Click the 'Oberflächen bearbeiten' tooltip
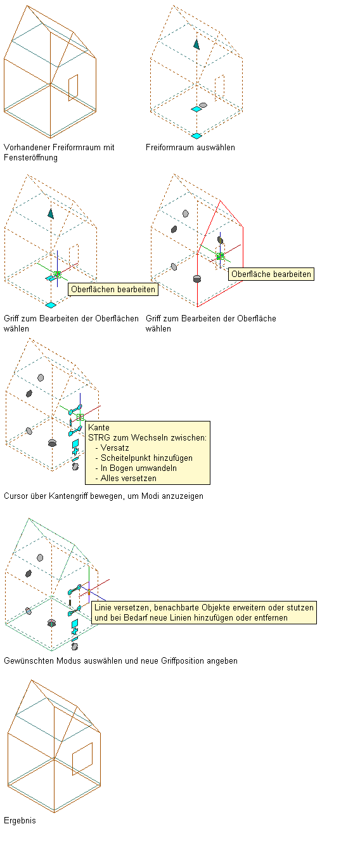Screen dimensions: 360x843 pyautogui.click(x=113, y=289)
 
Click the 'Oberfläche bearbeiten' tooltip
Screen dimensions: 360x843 pyautogui.click(x=271, y=274)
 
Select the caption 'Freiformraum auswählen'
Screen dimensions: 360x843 pyautogui.click(x=190, y=148)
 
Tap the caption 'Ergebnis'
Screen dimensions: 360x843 pyautogui.click(x=20, y=820)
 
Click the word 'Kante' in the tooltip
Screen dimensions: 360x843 pyautogui.click(x=99, y=427)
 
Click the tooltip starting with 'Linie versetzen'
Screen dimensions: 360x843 pyautogui.click(x=204, y=613)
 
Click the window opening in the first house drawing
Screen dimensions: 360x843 pyautogui.click(x=73, y=87)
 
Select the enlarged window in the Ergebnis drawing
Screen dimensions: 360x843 pyautogui.click(x=82, y=759)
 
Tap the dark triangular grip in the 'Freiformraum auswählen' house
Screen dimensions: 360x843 pyautogui.click(x=196, y=44)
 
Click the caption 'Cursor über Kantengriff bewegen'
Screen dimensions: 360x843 pyautogui.click(x=103, y=496)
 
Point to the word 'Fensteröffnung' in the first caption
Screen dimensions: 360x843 pyautogui.click(x=30, y=158)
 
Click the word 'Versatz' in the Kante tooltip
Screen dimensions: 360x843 pyautogui.click(x=115, y=448)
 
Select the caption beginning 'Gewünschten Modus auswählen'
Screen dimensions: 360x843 pyautogui.click(x=120, y=661)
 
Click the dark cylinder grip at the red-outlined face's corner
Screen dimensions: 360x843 pyautogui.click(x=196, y=279)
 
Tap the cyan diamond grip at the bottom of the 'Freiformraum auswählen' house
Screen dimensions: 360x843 pyautogui.click(x=196, y=136)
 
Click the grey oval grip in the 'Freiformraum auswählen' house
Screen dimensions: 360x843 pyautogui.click(x=203, y=105)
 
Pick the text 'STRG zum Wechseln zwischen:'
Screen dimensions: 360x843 pyautogui.click(x=147, y=438)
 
